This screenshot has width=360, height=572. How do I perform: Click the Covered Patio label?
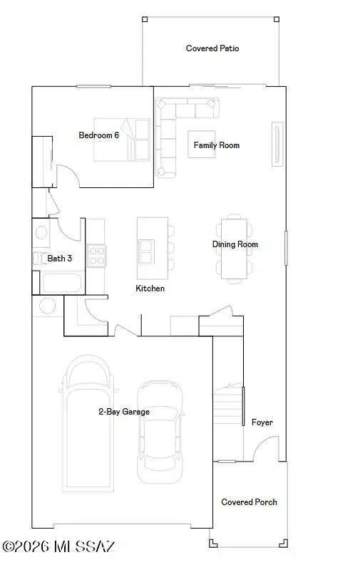[x=212, y=48]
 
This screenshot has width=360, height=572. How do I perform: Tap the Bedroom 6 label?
[x=98, y=135]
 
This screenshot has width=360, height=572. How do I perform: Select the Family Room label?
[x=217, y=145]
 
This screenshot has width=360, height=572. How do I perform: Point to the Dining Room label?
[x=235, y=244]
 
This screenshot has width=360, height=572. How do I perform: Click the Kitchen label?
[x=150, y=288]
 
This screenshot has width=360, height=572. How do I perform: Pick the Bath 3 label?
[x=60, y=259]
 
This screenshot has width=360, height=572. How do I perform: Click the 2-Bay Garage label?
[x=124, y=412]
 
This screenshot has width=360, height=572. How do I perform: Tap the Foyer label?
[x=262, y=422]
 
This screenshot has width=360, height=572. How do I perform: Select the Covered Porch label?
[x=249, y=502]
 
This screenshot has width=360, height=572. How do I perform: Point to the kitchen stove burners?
[x=96, y=255]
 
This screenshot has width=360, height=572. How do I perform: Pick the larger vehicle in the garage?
[x=89, y=427]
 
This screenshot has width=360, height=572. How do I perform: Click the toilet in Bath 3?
[x=41, y=232]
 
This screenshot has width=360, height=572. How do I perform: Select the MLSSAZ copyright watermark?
[x=60, y=547]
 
